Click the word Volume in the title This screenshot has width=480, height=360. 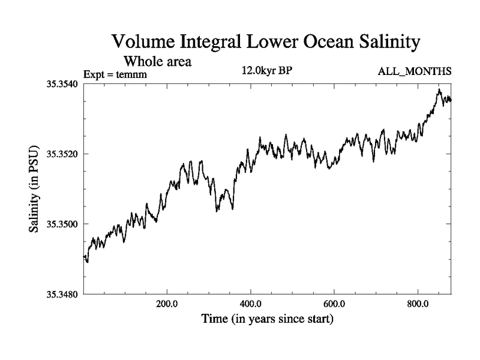click(x=143, y=43)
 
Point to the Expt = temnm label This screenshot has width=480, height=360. click(x=115, y=74)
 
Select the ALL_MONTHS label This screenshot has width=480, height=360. click(x=414, y=72)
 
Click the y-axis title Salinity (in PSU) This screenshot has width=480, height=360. click(x=34, y=188)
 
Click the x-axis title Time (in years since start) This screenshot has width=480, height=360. click(x=268, y=319)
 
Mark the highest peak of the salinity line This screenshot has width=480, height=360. click(x=439, y=89)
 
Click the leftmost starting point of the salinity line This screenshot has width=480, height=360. click(x=83, y=257)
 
